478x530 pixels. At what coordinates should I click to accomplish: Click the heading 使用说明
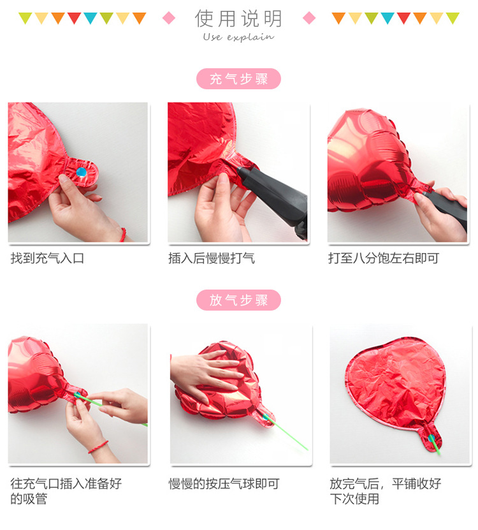[239, 18]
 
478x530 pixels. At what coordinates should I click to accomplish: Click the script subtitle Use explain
[238, 37]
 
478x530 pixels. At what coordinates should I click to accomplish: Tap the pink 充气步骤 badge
[239, 79]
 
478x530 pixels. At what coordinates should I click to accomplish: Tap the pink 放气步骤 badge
[239, 300]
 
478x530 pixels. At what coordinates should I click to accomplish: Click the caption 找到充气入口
[48, 258]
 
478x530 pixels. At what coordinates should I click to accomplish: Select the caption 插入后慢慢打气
[212, 258]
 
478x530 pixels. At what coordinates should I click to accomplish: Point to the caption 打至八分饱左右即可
[384, 258]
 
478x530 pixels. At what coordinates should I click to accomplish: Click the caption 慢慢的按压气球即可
[224, 484]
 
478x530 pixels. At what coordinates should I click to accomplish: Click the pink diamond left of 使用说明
[169, 18]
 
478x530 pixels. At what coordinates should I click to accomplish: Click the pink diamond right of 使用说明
[309, 18]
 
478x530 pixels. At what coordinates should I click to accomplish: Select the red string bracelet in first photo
[122, 234]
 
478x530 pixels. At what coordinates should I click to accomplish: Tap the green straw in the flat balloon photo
[435, 443]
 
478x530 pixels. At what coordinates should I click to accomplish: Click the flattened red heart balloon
[395, 383]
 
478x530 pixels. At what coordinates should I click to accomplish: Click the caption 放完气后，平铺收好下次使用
[385, 491]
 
